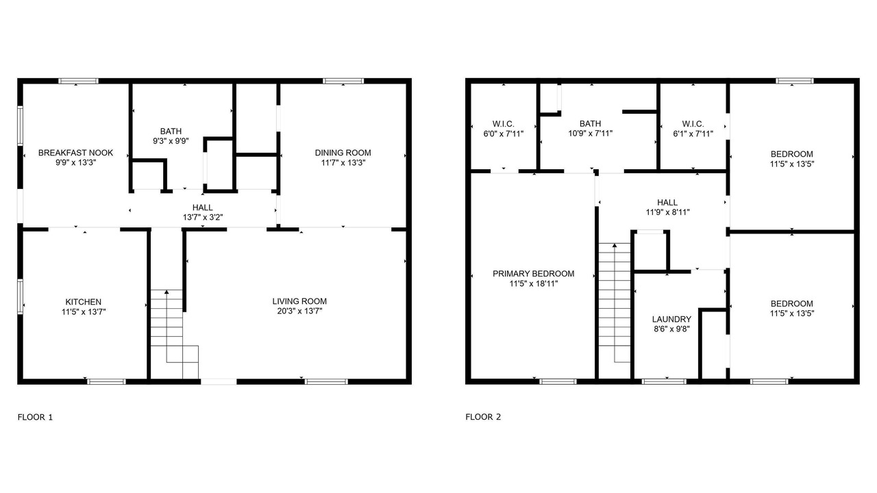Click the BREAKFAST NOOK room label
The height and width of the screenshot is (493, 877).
[x=75, y=153]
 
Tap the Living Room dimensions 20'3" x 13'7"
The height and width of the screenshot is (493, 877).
[x=299, y=312]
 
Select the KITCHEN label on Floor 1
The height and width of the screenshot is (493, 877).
[x=84, y=302]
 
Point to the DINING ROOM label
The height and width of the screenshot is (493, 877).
[x=343, y=153]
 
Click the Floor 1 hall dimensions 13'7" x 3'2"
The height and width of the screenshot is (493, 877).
[x=203, y=218]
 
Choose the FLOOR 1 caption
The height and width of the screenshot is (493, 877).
[x=35, y=417]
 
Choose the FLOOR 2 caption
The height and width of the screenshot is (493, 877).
[x=483, y=417]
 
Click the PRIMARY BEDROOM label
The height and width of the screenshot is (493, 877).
[x=534, y=274]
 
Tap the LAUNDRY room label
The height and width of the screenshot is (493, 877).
[x=672, y=319]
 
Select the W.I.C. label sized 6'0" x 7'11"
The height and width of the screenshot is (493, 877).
[x=504, y=124]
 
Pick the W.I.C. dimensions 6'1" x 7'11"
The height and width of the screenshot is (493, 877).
[x=693, y=134]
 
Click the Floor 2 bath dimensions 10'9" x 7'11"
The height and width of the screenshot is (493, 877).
[x=591, y=134]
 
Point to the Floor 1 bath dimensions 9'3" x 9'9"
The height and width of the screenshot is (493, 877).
[x=171, y=141]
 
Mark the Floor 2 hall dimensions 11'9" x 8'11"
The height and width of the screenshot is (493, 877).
[x=667, y=212]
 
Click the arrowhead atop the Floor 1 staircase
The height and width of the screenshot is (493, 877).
[x=166, y=292]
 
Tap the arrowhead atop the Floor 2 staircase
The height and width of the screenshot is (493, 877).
[x=615, y=245]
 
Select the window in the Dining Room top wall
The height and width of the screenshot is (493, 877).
[x=343, y=81]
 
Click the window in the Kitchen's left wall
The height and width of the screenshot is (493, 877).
[x=20, y=296]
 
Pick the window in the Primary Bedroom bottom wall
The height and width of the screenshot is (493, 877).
[x=558, y=381]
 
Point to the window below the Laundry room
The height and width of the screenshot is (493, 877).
[x=664, y=381]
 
